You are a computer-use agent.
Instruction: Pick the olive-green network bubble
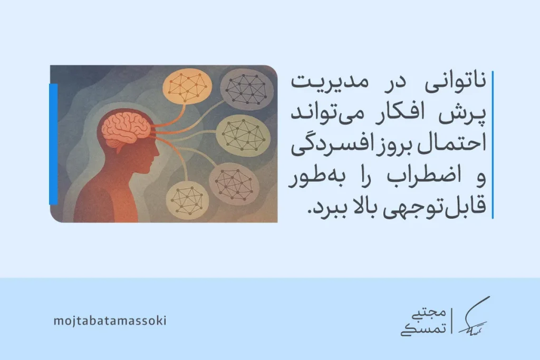(x=243, y=134)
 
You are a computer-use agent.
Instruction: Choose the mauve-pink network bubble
(x=235, y=180)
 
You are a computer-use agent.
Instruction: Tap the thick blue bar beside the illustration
(x=53, y=143)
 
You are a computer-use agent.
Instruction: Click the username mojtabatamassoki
(x=110, y=320)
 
